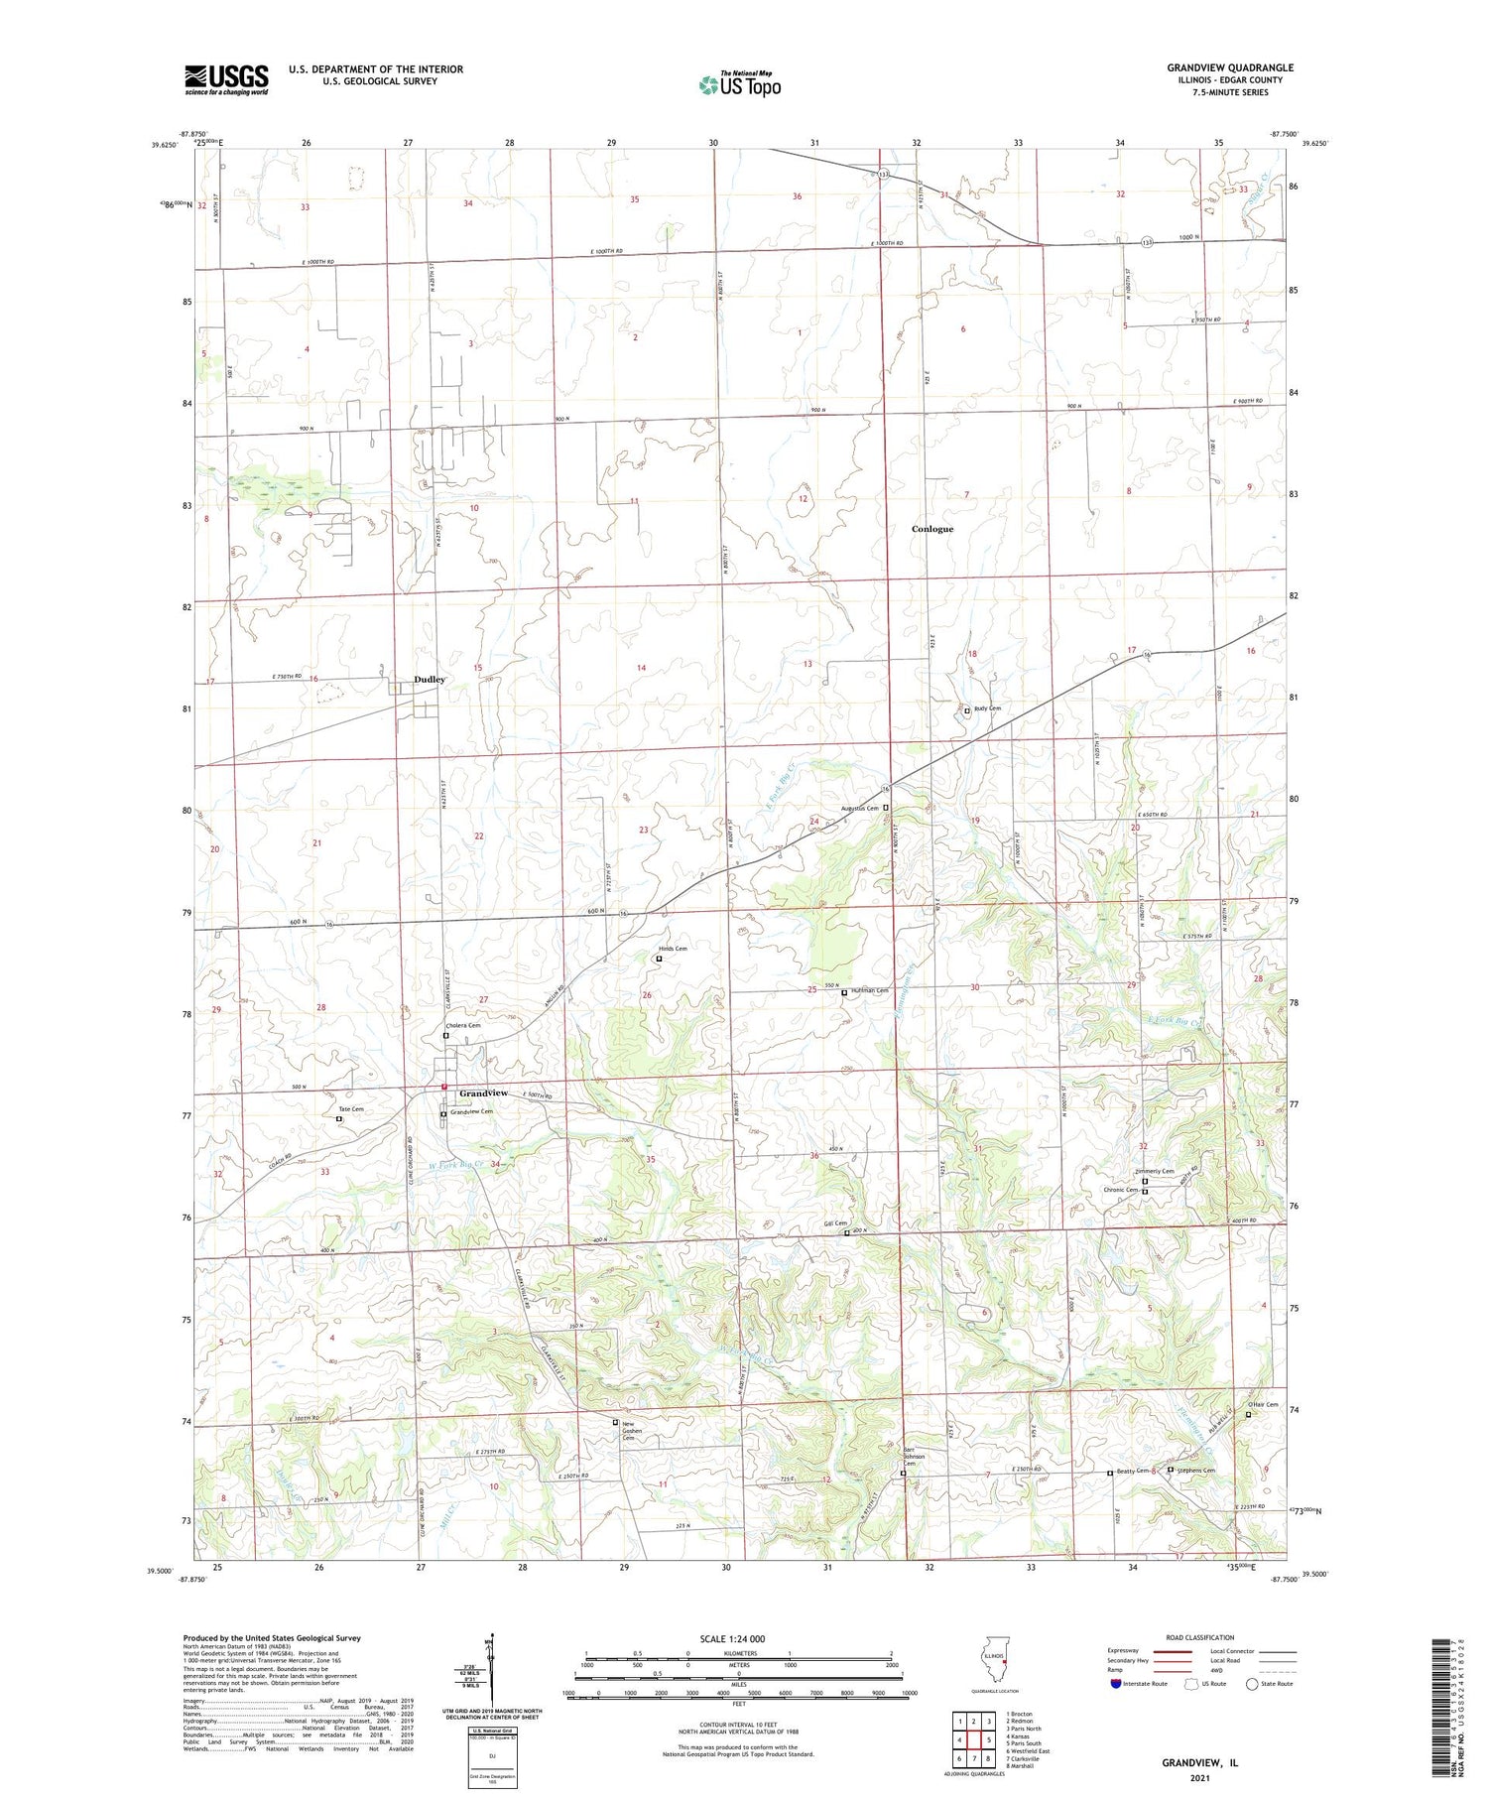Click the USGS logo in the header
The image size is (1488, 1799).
[226, 79]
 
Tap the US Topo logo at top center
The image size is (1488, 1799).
[739, 84]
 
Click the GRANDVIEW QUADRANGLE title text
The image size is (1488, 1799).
[1230, 67]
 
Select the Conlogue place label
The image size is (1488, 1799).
[931, 529]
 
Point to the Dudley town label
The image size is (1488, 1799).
[430, 680]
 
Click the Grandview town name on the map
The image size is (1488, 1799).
[483, 1093]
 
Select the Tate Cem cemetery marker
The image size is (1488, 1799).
[339, 1119]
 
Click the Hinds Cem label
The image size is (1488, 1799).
[673, 949]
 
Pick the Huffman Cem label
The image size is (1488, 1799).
[868, 991]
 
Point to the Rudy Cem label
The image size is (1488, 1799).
[987, 708]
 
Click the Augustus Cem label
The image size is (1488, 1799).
[859, 809]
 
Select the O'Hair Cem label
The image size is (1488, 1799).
[1263, 1404]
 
